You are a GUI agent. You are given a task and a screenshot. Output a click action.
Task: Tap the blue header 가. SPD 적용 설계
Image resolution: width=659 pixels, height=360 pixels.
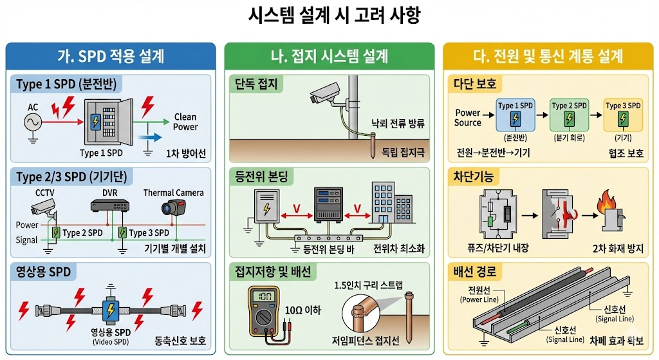(110, 56)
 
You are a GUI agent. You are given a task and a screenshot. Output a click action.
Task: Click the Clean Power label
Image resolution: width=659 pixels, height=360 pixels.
(185, 122)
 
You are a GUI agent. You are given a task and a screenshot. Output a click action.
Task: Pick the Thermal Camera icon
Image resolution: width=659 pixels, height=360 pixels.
(172, 207)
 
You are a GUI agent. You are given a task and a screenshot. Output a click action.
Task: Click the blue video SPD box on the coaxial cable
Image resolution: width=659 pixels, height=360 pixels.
(110, 310)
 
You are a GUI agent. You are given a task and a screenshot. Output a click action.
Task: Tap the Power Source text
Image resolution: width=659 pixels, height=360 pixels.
(468, 118)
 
